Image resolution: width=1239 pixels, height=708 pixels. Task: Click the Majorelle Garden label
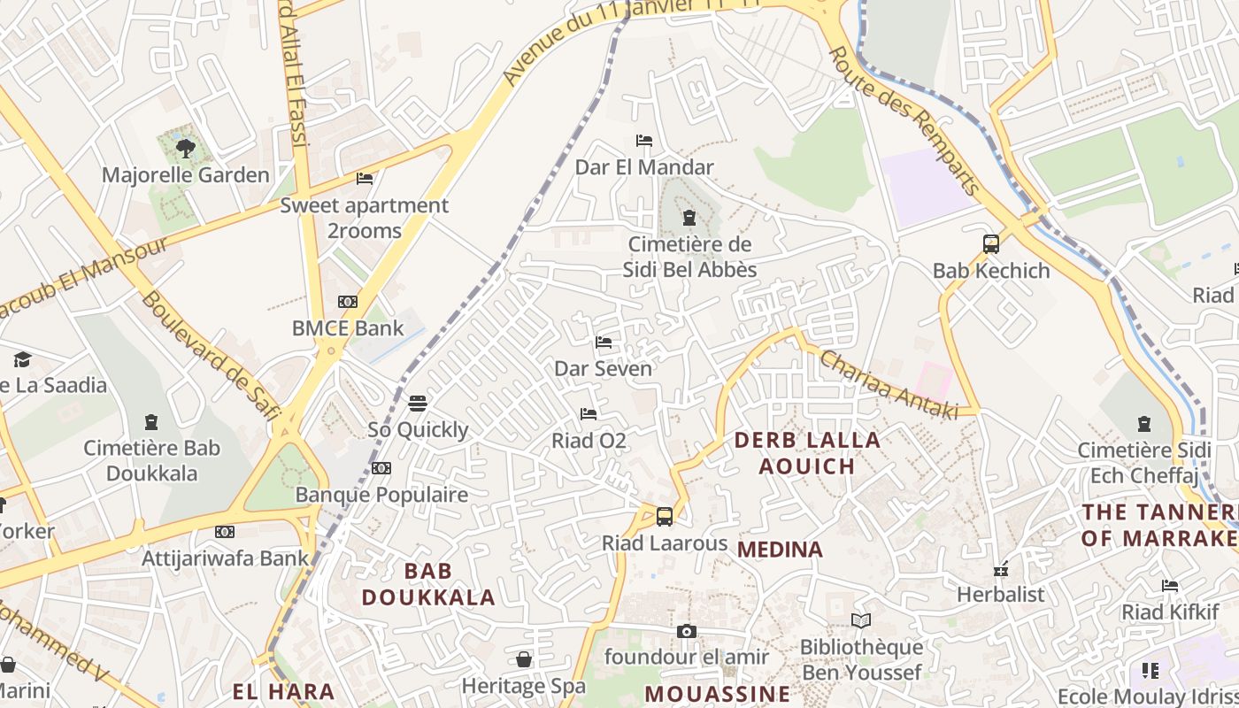coord(185,175)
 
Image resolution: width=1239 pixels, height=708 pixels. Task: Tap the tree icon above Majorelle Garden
coord(185,148)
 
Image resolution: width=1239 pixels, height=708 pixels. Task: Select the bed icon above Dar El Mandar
coord(644,141)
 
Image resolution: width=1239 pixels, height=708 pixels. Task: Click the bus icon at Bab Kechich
coord(991,244)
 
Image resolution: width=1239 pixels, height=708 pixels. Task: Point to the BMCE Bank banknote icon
coord(348,302)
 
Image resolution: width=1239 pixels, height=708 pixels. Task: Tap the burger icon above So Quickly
coord(418,404)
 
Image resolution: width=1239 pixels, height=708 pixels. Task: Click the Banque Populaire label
coord(381,495)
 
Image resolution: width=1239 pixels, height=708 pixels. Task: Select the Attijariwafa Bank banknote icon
coord(225,532)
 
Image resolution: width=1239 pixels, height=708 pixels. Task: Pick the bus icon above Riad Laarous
coord(665,517)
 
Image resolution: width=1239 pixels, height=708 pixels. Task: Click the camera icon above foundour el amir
coord(686,631)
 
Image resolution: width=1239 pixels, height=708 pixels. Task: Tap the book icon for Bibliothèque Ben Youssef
coord(861,621)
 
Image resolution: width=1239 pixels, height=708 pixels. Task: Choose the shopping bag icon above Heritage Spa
coord(524,659)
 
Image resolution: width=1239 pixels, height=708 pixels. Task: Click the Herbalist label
coord(1000,595)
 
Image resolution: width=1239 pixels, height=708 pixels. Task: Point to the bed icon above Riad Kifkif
coord(1170,586)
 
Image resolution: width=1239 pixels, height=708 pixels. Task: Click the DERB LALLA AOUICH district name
coord(807,453)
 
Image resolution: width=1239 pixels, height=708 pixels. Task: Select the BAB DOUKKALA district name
coord(428,584)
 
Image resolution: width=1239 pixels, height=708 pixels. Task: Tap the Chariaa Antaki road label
coord(889,384)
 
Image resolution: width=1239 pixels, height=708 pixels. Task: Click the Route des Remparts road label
coord(904,121)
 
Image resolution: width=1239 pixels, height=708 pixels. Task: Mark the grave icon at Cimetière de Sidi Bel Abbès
coord(689,218)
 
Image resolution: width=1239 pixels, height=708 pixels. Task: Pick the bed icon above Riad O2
coord(589,414)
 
